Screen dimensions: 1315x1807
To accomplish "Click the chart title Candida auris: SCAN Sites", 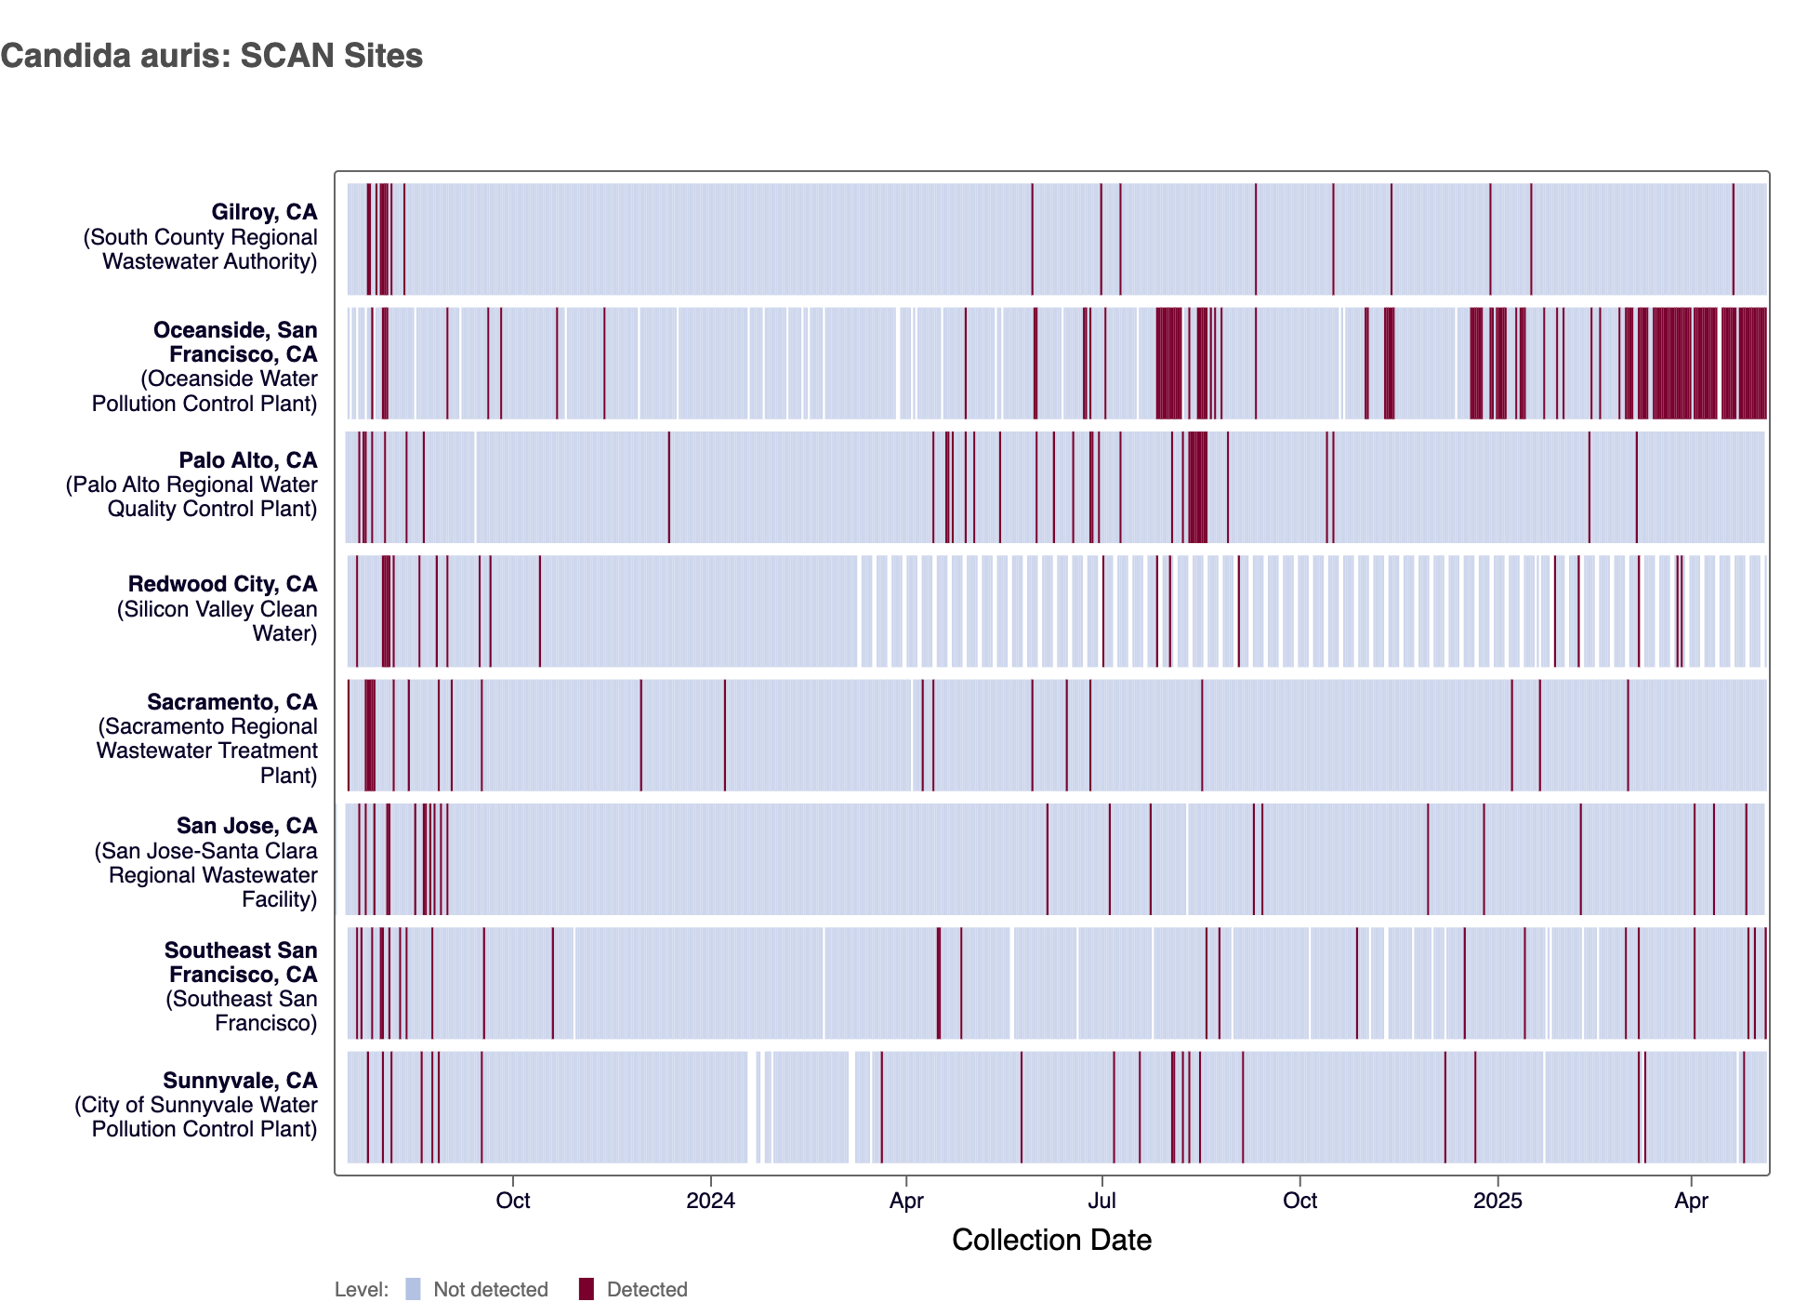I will click(x=212, y=56).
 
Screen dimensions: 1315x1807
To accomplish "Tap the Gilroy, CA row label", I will click(x=264, y=213).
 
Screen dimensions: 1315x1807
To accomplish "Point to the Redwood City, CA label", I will click(x=222, y=584).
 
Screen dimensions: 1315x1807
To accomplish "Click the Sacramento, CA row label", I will click(x=231, y=702).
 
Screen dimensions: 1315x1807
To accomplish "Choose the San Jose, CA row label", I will click(x=246, y=826).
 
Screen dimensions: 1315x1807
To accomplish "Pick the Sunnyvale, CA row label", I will click(x=240, y=1081).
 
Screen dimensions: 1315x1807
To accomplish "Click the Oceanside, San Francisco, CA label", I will click(x=235, y=342).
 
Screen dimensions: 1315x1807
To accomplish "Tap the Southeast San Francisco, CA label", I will click(x=241, y=963).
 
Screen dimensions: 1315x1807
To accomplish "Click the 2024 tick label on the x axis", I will click(x=710, y=1201).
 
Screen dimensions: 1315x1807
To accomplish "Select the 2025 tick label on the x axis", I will click(x=1497, y=1201).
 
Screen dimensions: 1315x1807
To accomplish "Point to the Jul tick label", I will click(x=1101, y=1201).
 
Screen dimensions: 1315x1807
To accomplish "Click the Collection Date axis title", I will click(x=1051, y=1240).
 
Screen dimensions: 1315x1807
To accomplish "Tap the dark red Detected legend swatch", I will click(x=586, y=1289).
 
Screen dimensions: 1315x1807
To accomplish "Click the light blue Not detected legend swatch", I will click(x=413, y=1289).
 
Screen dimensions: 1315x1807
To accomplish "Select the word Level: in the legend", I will click(x=362, y=1290).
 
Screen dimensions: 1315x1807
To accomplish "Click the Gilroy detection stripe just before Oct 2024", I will click(x=1256, y=239).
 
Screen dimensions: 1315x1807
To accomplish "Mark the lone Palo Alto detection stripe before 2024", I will click(x=668, y=486).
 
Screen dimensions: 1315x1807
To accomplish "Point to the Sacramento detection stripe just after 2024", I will click(x=725, y=735).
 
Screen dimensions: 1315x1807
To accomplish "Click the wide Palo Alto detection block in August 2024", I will click(x=1197, y=486).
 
